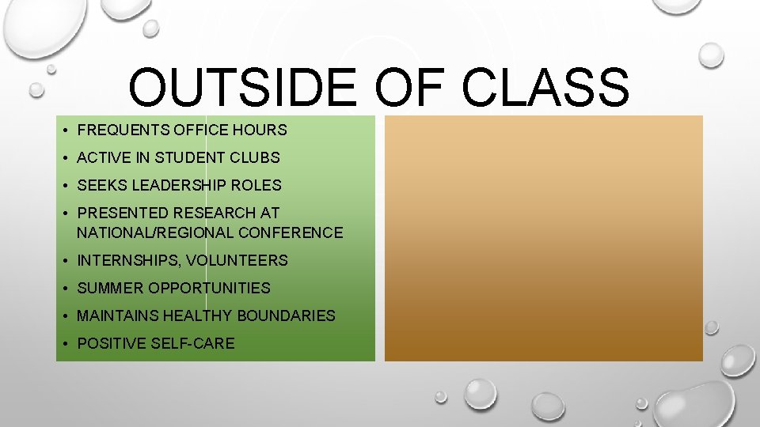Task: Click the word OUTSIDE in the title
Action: pos(242,88)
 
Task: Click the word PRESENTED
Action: pos(123,213)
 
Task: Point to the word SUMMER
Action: pos(110,288)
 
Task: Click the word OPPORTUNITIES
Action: pos(209,288)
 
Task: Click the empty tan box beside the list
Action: pos(543,238)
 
